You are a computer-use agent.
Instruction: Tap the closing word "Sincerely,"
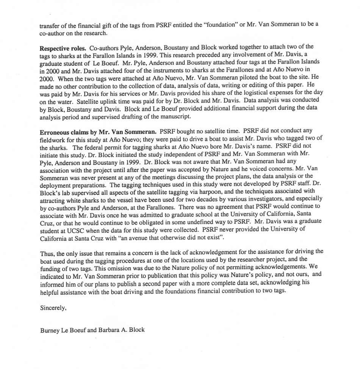click(53, 308)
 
